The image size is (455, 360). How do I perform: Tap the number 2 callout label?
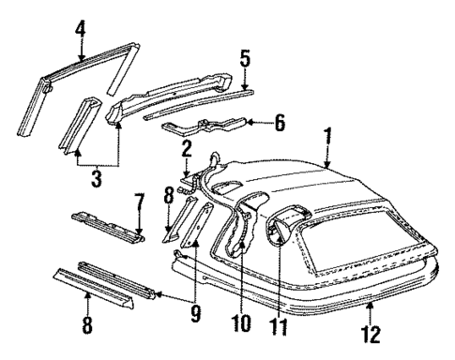pos(187,147)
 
